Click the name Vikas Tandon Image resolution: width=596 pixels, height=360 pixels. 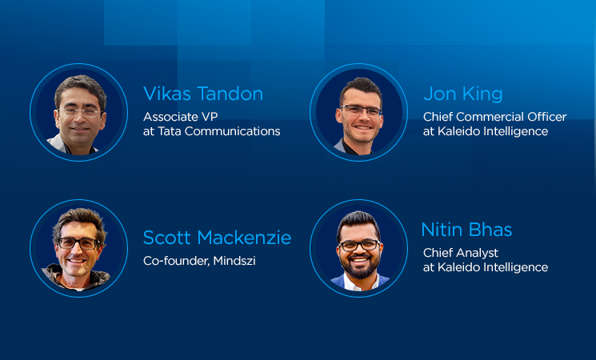(202, 94)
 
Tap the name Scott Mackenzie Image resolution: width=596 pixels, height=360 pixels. (217, 238)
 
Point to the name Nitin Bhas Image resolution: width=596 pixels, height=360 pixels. (466, 230)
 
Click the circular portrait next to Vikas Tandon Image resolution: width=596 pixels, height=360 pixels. (78, 112)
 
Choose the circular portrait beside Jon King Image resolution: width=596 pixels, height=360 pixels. (358, 113)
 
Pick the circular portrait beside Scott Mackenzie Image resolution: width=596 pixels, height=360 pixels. (78, 248)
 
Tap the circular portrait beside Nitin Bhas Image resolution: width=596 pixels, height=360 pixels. (358, 248)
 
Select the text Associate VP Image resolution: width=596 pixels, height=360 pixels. (181, 116)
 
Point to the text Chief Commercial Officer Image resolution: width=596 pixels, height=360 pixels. (494, 116)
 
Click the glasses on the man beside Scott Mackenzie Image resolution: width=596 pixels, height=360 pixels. (78, 242)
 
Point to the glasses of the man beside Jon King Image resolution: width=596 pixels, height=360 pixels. (360, 110)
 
